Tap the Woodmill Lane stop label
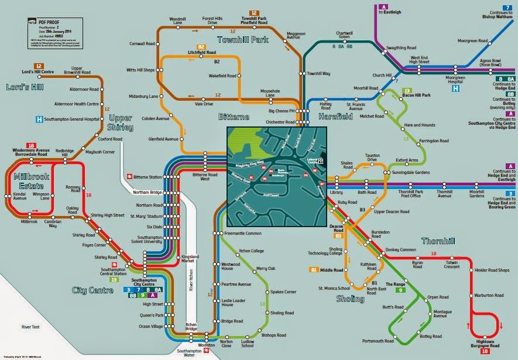pos(176,22)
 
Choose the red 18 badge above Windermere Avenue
pos(30,145)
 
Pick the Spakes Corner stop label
pos(283,292)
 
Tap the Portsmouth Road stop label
pos(378,341)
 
